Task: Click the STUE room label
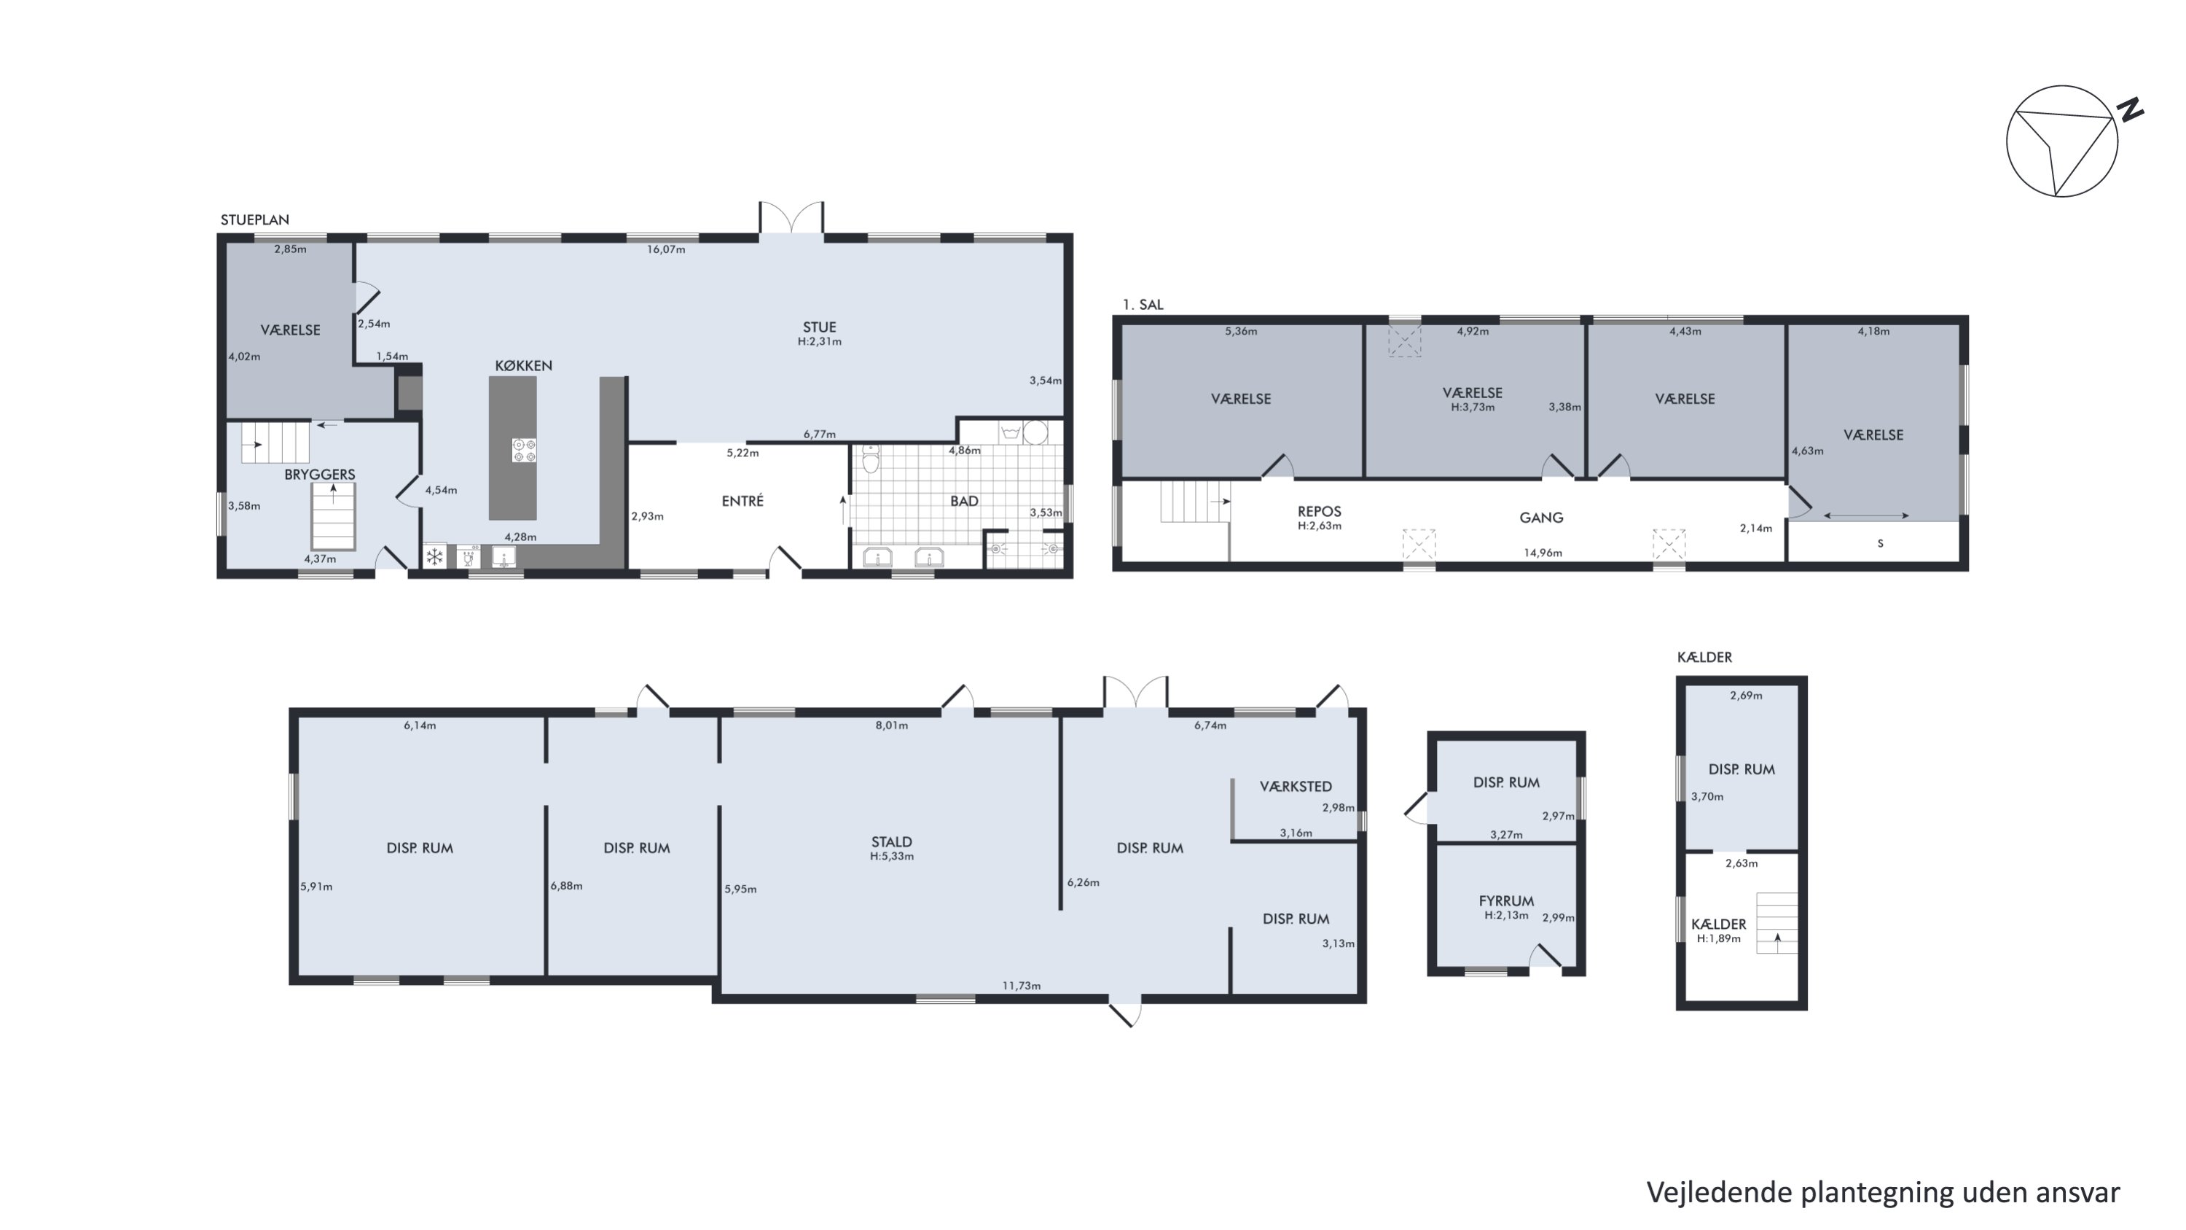(819, 327)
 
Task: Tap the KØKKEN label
(524, 366)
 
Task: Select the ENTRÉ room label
(743, 501)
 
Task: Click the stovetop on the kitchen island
(525, 450)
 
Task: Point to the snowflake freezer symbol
(434, 557)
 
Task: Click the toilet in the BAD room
(870, 459)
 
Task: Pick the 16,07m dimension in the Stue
(666, 249)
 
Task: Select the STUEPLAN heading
(254, 220)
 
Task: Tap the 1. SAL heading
(1143, 305)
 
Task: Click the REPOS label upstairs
(1319, 511)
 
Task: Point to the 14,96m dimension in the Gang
(1543, 553)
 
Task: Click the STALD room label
(891, 842)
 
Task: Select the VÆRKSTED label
(1295, 787)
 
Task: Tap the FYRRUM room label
(1505, 900)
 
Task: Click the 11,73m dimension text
(1021, 986)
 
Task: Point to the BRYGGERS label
(319, 475)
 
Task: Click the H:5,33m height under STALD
(891, 857)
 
